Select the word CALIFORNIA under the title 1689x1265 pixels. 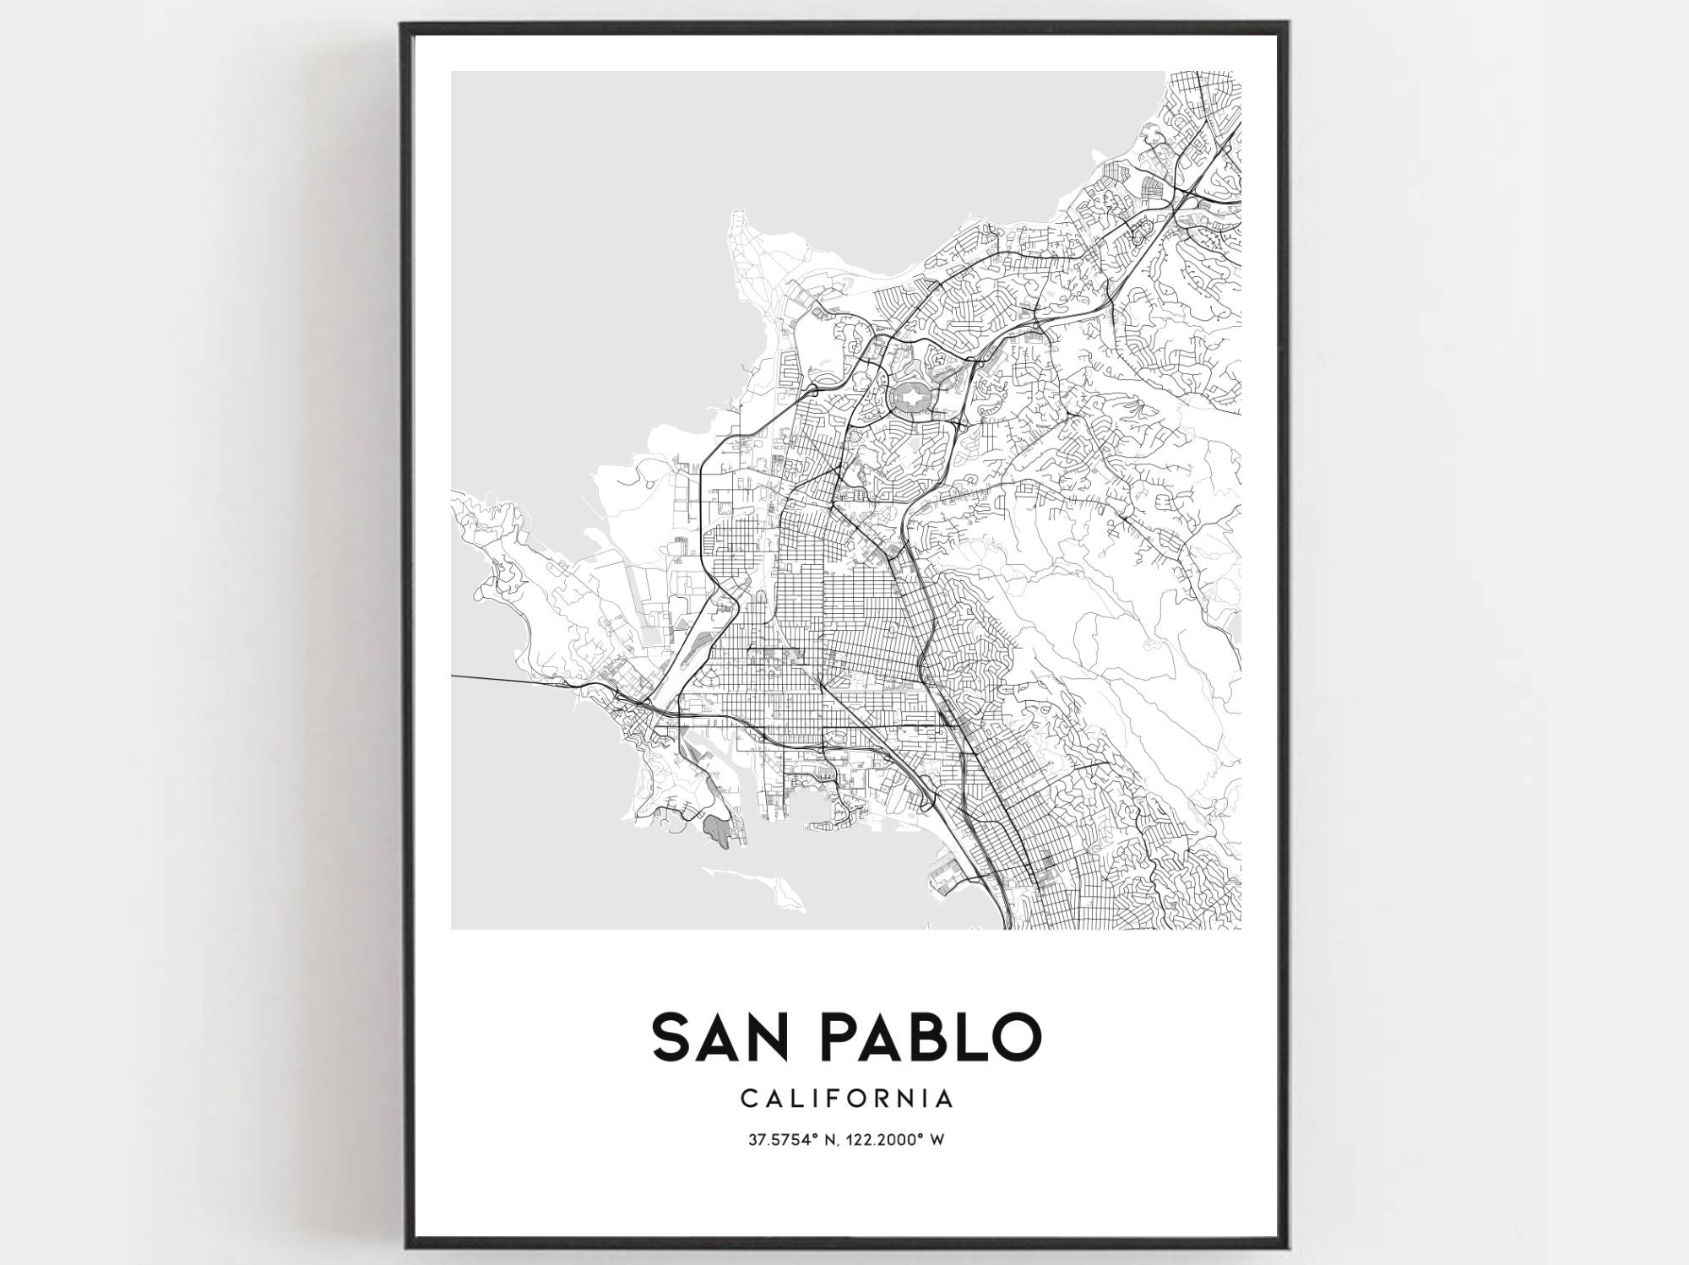(847, 1099)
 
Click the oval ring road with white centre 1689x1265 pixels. (910, 396)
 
